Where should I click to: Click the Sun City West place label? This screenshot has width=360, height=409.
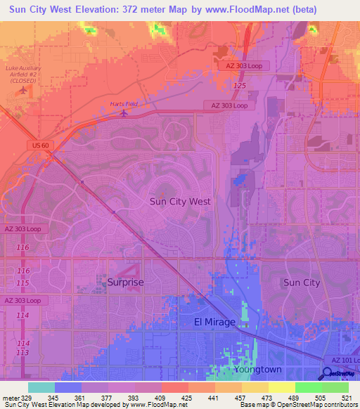point(180,201)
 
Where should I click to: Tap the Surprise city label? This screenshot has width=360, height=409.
point(126,283)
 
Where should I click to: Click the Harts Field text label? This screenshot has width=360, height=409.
point(124,104)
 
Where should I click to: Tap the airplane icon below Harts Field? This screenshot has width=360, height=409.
point(124,112)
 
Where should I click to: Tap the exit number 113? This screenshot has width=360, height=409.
point(23,352)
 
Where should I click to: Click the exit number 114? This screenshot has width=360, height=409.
point(23,316)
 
